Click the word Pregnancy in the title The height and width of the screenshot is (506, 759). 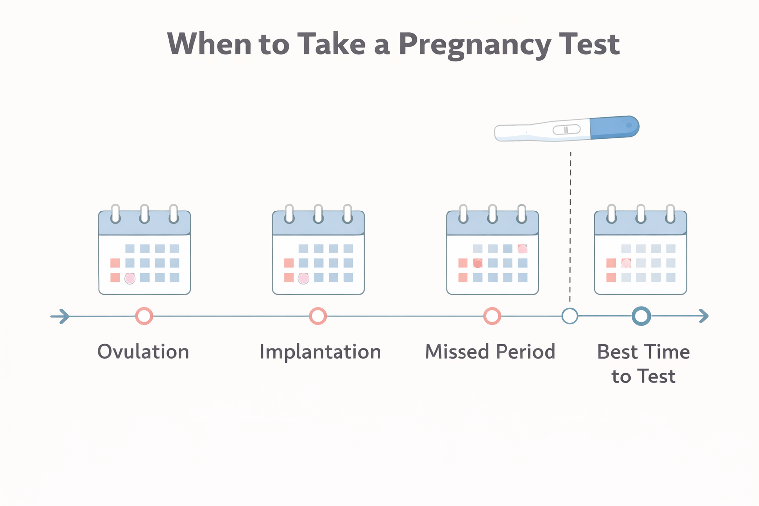pyautogui.click(x=474, y=44)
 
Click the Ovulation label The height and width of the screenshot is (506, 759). pyautogui.click(x=143, y=352)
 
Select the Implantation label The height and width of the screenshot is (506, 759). pyautogui.click(x=320, y=352)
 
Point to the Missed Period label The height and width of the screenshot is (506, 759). pyautogui.click(x=490, y=352)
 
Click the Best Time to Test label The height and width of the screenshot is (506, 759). pyautogui.click(x=643, y=364)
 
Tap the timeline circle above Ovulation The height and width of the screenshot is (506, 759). pyautogui.click(x=144, y=316)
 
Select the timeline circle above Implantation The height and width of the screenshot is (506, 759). pyautogui.click(x=318, y=316)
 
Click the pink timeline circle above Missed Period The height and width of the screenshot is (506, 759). pyautogui.click(x=492, y=316)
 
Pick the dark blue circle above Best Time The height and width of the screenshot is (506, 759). pyautogui.click(x=641, y=316)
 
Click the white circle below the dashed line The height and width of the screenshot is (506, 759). pyautogui.click(x=570, y=316)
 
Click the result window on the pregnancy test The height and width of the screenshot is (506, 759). pyautogui.click(x=566, y=130)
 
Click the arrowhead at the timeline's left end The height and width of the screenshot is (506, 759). pyautogui.click(x=62, y=316)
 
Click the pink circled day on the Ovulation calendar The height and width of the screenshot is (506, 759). pyautogui.click(x=130, y=278)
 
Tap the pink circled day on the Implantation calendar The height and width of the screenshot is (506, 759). pyautogui.click(x=304, y=278)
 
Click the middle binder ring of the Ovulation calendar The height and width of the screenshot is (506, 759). pyautogui.click(x=144, y=214)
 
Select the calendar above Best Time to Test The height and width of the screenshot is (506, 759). pyautogui.click(x=640, y=252)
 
